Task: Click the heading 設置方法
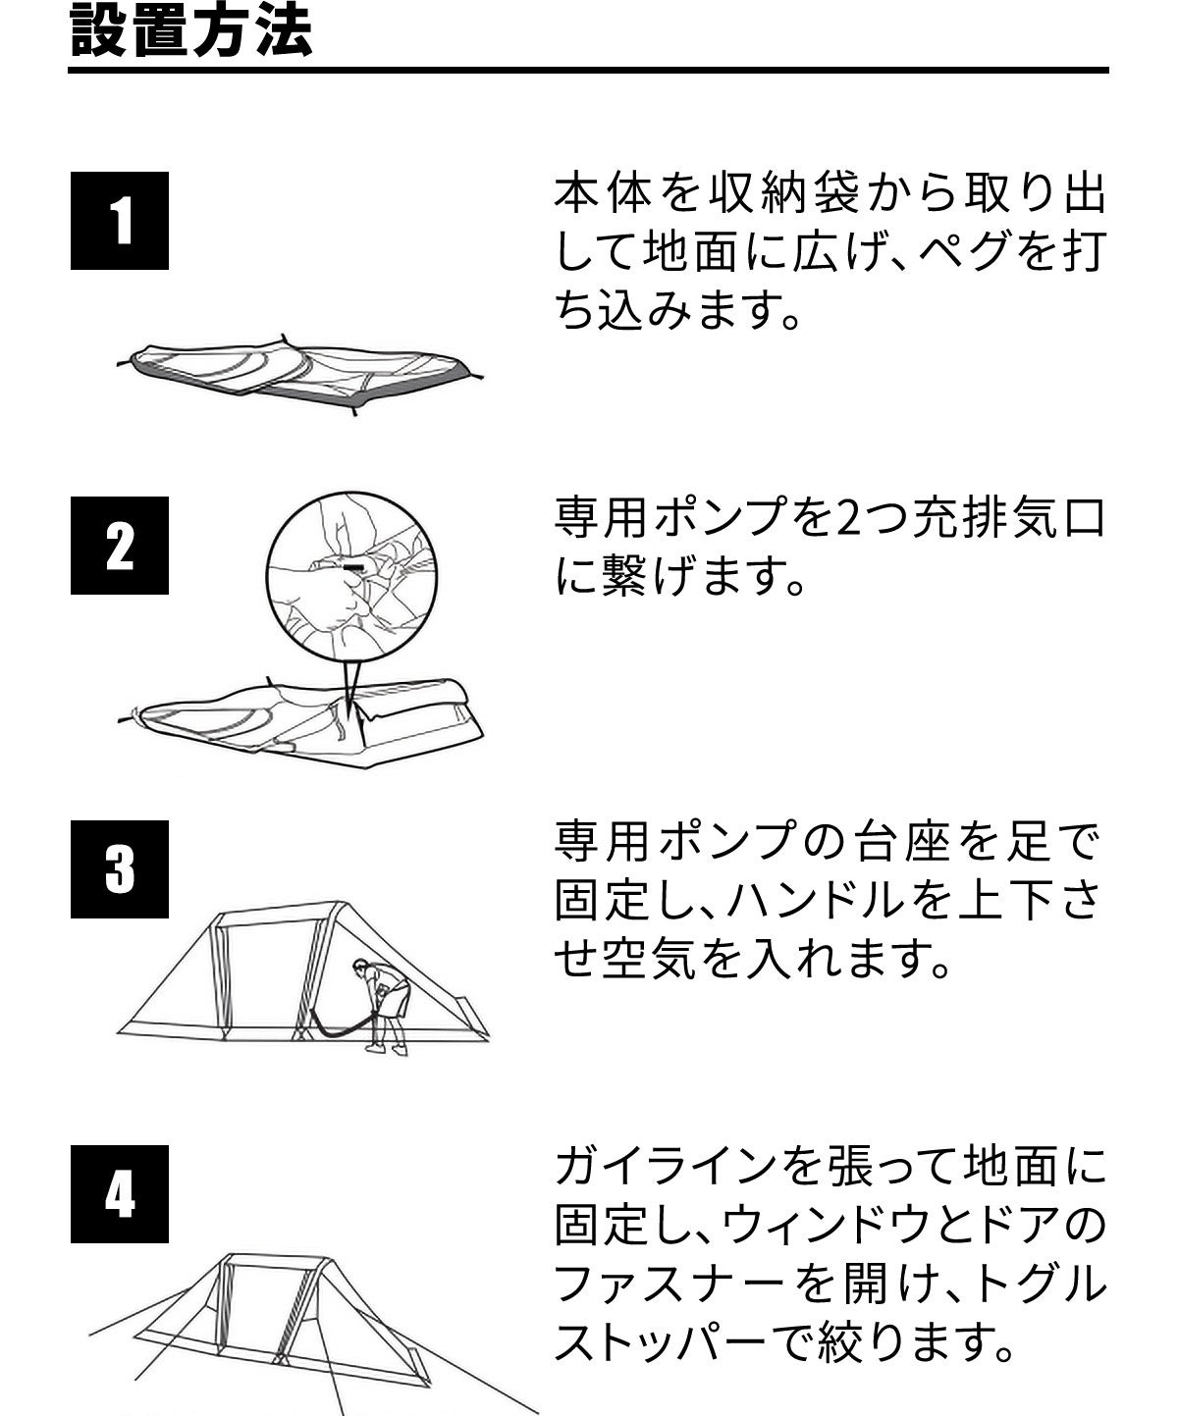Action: click(191, 31)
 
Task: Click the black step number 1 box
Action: click(120, 221)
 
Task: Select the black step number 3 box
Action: click(120, 869)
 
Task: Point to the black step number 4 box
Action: click(120, 1194)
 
